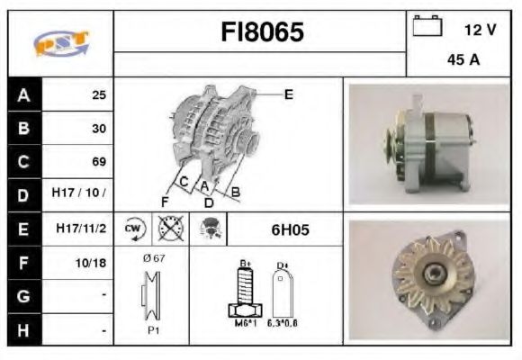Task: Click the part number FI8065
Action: [262, 33]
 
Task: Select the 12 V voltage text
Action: [480, 30]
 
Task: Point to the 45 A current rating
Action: [462, 61]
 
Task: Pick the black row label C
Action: [24, 162]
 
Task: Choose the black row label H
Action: [24, 329]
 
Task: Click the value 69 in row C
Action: [99, 162]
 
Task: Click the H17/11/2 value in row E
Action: [82, 229]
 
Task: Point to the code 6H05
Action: [290, 229]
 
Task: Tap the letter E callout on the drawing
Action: [289, 94]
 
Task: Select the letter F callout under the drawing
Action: [166, 200]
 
